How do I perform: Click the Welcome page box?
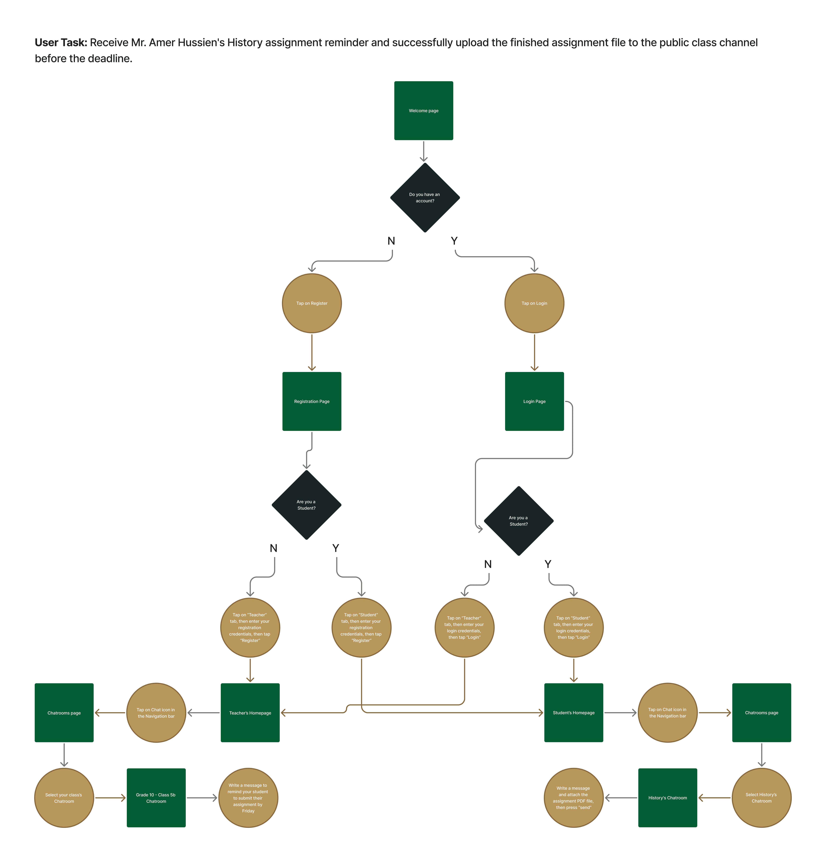tap(423, 111)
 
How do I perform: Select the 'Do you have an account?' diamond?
tap(425, 198)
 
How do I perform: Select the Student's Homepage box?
tap(573, 712)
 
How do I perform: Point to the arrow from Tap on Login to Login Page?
tap(534, 352)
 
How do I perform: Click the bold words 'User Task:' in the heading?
tap(61, 43)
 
